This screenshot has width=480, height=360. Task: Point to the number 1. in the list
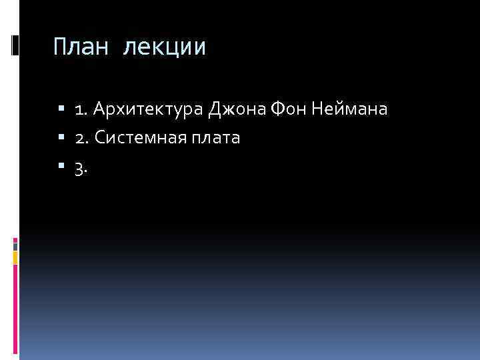(x=81, y=109)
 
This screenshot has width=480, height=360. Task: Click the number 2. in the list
(x=82, y=139)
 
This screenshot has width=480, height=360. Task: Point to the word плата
(x=217, y=139)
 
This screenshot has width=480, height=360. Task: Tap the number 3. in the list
(x=81, y=169)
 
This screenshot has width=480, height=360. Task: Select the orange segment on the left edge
(x=15, y=257)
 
